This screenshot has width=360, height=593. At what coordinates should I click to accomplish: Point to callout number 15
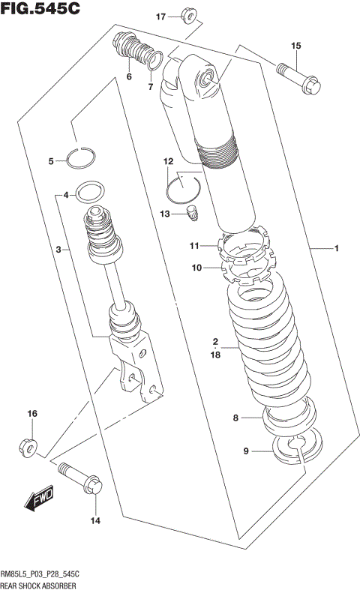[x=295, y=46]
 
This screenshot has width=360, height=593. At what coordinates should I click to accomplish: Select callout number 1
[x=337, y=247]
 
